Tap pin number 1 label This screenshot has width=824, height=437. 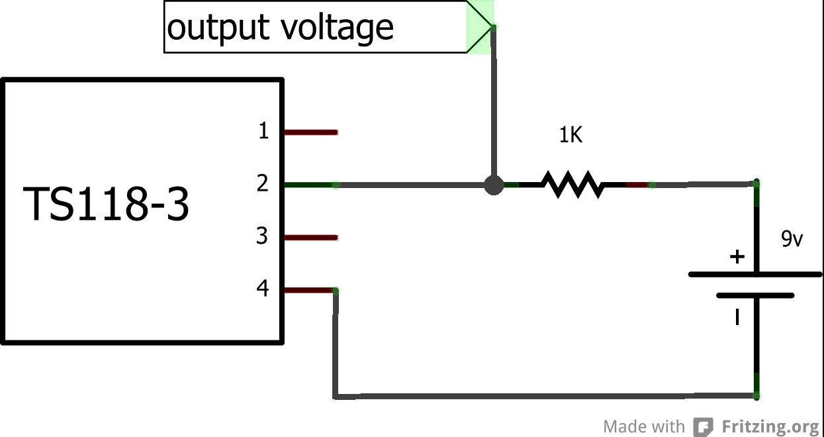pos(263,131)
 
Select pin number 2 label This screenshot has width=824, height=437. pos(263,183)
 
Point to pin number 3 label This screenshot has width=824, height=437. pos(263,236)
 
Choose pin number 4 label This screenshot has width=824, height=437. pos(263,289)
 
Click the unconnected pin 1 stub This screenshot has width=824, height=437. pos(311,132)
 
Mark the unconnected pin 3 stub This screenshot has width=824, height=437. pos(311,237)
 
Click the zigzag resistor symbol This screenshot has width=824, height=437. pos(572,185)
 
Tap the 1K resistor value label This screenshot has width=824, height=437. pos(571,136)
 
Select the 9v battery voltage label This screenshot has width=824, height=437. pos(792,239)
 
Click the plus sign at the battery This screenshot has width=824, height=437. pos(737,257)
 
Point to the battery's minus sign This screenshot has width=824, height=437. pos(737,318)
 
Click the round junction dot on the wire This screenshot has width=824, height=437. pos(493,185)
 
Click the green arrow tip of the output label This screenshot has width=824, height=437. pos(481,27)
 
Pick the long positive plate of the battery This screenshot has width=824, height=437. pos(755,273)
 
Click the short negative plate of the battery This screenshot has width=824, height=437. pos(755,295)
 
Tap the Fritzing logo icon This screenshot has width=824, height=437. pos(703,426)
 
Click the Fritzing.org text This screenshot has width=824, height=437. pos(770,426)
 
